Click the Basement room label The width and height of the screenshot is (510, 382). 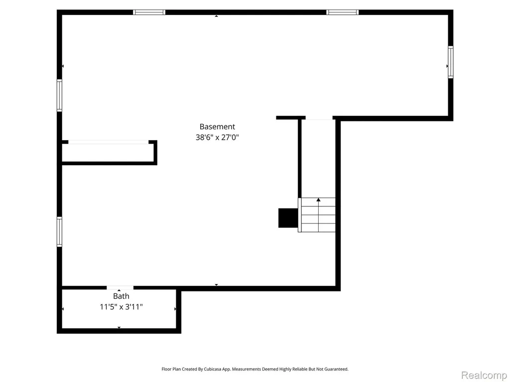point(217,127)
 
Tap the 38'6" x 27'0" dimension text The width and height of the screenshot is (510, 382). point(217,137)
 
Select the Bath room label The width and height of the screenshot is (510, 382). point(121,296)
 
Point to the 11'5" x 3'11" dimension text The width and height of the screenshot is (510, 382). point(121,307)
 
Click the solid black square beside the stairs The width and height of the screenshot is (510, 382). point(288,218)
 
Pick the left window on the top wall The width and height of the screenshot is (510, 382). point(149,12)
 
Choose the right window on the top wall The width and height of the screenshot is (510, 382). point(343,12)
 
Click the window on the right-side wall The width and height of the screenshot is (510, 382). point(450,62)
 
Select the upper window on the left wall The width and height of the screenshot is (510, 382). point(60,95)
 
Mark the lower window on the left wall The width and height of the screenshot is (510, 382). point(60,232)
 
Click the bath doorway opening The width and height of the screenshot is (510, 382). point(120,288)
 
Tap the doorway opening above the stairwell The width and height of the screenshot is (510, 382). point(319,117)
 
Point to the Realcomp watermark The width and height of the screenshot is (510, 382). point(484,375)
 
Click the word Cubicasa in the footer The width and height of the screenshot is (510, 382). point(213,369)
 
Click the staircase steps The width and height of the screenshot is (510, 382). point(317,215)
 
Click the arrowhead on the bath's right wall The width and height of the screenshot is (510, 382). point(175,309)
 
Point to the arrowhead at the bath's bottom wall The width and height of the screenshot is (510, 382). point(119,327)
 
